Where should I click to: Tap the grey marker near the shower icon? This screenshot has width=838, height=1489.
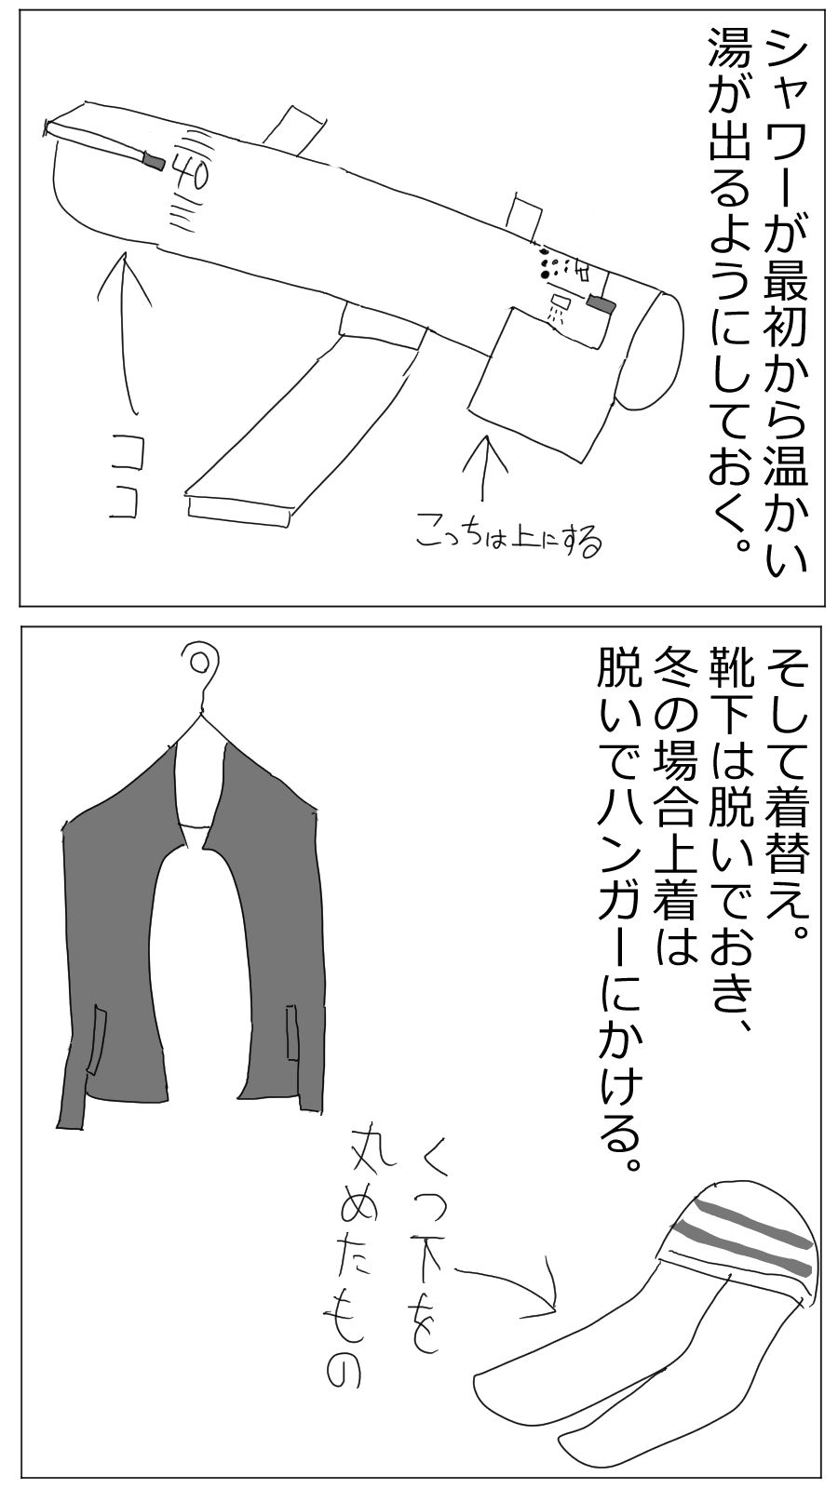tap(601, 303)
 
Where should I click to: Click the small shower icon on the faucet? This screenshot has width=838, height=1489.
tap(558, 306)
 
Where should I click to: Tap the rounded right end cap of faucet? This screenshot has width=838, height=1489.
tap(661, 349)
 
